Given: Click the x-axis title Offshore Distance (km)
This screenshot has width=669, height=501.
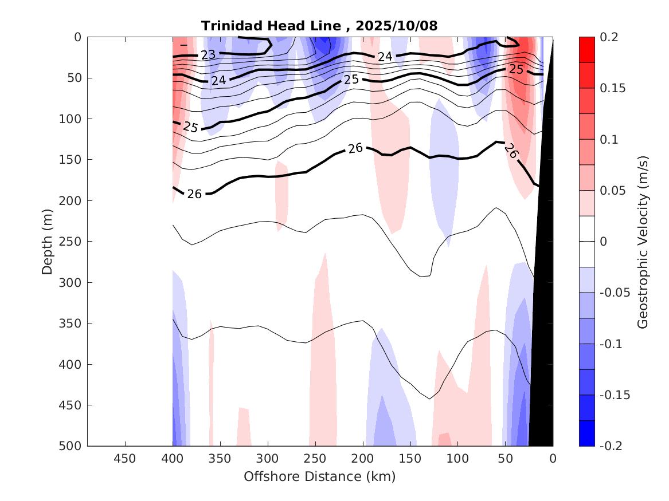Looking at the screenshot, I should [x=320, y=476].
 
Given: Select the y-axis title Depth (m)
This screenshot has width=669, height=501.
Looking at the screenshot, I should [x=48, y=242].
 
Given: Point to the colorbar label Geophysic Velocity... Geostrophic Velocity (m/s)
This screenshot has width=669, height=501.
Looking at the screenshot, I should [x=642, y=242].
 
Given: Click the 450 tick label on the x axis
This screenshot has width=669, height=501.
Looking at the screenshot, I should [x=125, y=459].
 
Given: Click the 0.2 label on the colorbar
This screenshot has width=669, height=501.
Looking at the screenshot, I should [x=609, y=37].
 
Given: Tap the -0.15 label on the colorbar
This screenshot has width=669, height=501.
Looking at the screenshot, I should [x=614, y=395].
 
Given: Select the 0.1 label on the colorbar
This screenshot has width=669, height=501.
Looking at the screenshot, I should [x=609, y=139].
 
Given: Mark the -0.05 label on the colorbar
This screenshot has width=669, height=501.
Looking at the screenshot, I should [x=614, y=293].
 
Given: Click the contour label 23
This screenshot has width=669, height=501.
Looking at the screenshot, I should [x=208, y=55].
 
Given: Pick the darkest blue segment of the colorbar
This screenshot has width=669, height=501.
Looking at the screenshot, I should [x=587, y=433].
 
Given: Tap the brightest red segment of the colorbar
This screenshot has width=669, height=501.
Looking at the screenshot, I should [x=587, y=50].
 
